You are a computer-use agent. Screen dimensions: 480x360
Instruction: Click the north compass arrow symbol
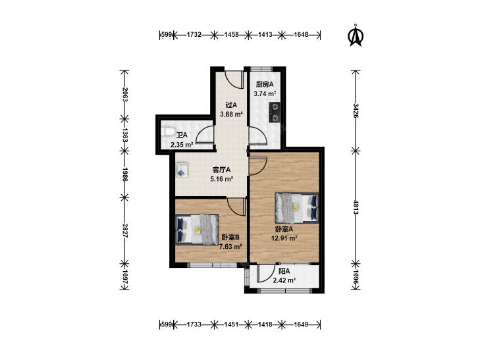[356, 35]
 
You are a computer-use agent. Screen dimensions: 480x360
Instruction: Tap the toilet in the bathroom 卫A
[167, 132]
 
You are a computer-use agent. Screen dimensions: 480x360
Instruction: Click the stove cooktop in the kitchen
[274, 112]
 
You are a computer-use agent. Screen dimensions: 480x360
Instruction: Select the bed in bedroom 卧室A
[297, 208]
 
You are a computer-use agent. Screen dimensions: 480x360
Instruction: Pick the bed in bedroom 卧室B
[197, 230]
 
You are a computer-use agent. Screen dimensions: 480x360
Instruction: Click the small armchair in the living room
[182, 170]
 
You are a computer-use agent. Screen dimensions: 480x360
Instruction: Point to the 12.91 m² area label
[284, 238]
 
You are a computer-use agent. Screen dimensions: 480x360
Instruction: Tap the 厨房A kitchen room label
[265, 84]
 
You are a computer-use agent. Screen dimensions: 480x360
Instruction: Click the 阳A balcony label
[284, 271]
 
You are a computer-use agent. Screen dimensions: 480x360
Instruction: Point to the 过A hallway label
[231, 105]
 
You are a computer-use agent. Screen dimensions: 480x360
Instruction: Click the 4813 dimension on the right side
[356, 207]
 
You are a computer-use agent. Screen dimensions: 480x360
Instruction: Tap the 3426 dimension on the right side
[356, 111]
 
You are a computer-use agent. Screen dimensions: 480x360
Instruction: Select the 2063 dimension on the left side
[124, 95]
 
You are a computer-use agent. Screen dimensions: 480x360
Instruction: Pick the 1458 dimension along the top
[231, 35]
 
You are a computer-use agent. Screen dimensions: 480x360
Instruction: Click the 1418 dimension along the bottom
[265, 324]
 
